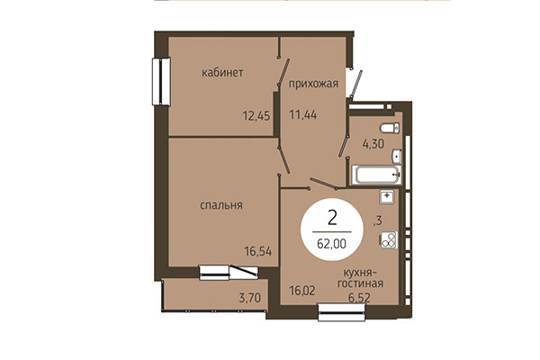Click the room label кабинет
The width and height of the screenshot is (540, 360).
pyautogui.click(x=223, y=72)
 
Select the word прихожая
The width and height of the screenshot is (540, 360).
pyautogui.click(x=313, y=85)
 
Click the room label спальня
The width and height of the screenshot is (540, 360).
pyautogui.click(x=221, y=205)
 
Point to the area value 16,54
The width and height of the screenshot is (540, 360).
pyautogui.click(x=257, y=251)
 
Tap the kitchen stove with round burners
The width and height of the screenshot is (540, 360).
pyautogui.click(x=389, y=239)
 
